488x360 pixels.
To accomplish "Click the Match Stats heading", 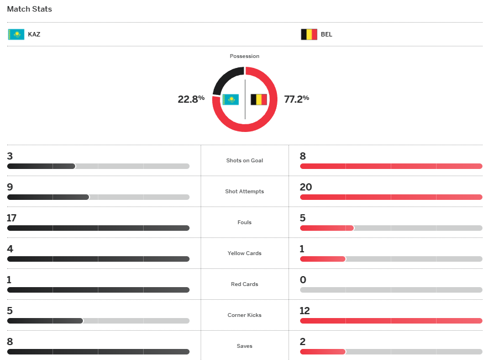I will click(29, 9).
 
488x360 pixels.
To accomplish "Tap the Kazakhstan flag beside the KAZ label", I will click(16, 34).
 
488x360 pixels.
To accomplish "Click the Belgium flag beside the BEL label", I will click(309, 34).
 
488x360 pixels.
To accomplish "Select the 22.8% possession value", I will click(191, 99).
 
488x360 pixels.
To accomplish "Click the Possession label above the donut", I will click(244, 56).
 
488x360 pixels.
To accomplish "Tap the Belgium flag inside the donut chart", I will click(259, 99).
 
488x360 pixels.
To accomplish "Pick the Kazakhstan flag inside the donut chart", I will click(230, 99).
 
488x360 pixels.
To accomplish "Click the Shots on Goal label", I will click(244, 161).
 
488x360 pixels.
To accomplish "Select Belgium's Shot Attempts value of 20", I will click(306, 187).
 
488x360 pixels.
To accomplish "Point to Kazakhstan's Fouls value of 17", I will click(12, 218).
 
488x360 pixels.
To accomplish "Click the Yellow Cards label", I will click(244, 253).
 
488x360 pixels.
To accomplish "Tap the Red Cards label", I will click(244, 284).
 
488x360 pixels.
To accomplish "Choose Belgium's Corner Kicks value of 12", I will click(305, 311).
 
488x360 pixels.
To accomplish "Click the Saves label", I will click(244, 346).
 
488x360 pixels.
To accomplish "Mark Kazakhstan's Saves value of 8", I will click(9, 342).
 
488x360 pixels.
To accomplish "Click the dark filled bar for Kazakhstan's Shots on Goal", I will click(41, 166).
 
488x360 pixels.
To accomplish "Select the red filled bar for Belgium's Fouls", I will click(327, 228).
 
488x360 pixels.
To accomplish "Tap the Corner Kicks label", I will click(244, 315).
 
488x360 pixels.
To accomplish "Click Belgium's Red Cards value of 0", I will click(303, 280).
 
